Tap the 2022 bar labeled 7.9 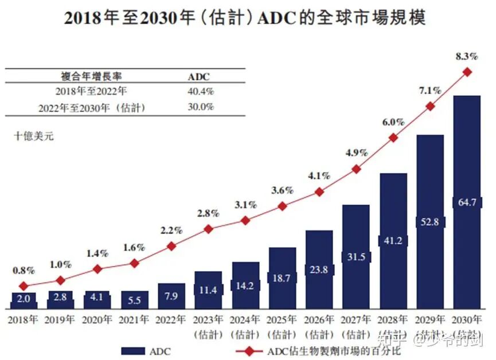click(x=171, y=296)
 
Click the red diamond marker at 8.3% click(x=467, y=72)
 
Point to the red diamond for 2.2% click(x=171, y=246)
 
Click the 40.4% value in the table click(x=201, y=91)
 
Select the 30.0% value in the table click(x=201, y=107)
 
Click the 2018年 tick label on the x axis click(x=23, y=320)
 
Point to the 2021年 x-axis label click(x=134, y=320)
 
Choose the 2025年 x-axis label click(x=282, y=320)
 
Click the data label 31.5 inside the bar click(x=356, y=257)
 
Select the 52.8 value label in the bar click(x=429, y=222)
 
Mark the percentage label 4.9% click(x=356, y=152)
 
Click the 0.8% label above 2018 click(x=23, y=270)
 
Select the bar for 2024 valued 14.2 click(x=245, y=285)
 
